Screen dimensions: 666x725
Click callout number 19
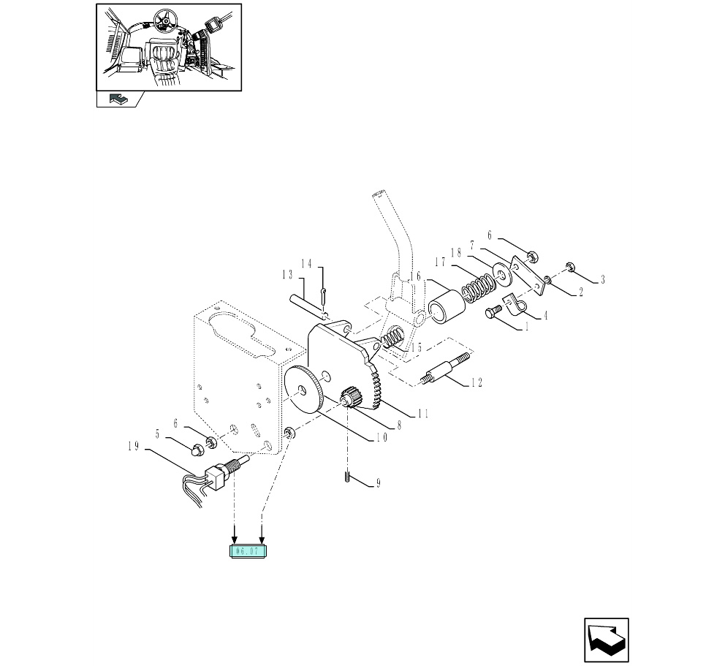(134, 447)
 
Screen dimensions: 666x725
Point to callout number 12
(477, 382)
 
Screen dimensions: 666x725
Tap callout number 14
(307, 263)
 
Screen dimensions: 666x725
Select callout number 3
(602, 279)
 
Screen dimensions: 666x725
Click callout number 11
(422, 414)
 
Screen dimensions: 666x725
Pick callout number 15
(416, 349)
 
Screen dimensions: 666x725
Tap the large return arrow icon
(606, 640)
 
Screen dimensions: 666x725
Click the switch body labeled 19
(217, 476)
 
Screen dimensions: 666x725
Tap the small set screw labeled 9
(346, 479)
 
